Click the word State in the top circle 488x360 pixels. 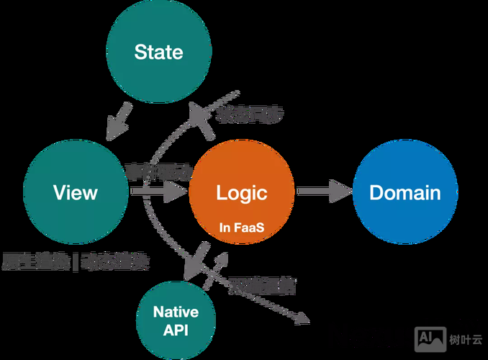(158, 52)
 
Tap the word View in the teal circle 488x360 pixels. (75, 192)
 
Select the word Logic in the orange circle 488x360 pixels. (241, 192)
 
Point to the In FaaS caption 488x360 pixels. (241, 228)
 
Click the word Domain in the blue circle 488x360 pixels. (405, 192)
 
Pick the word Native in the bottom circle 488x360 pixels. (176, 312)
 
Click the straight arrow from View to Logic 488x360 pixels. (156, 192)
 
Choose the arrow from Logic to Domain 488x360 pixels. (323, 192)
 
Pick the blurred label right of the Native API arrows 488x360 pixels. (263, 285)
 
